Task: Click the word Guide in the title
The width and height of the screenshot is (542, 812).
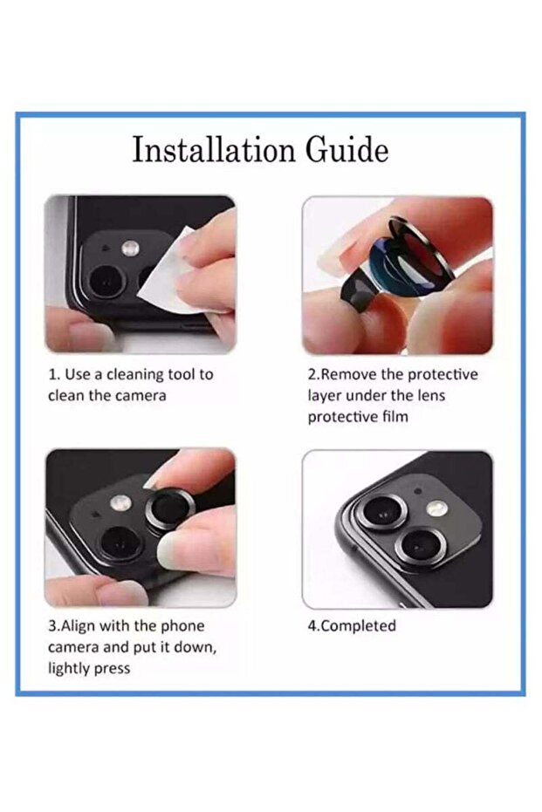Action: (346, 150)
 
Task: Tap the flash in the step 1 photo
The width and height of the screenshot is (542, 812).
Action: (129, 248)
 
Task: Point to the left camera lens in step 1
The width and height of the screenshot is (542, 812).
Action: (106, 282)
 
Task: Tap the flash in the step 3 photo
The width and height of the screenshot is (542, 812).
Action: (120, 502)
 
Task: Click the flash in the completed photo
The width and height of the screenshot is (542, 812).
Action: (436, 508)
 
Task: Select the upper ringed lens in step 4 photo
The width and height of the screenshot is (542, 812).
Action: (384, 512)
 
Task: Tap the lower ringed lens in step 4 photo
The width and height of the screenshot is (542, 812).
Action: (420, 548)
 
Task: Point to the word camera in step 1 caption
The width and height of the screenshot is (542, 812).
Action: (141, 396)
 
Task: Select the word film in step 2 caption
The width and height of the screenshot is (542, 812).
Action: (394, 416)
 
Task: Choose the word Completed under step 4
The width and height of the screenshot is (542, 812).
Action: (358, 625)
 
